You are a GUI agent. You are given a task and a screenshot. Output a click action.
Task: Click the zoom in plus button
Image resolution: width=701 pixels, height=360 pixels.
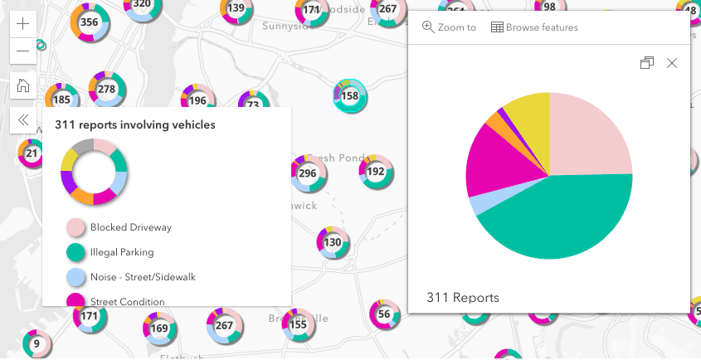[22, 25]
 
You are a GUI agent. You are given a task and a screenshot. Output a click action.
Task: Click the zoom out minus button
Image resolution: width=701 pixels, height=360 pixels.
[22, 51]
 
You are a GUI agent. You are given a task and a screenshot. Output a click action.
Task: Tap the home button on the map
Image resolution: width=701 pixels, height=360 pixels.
[22, 85]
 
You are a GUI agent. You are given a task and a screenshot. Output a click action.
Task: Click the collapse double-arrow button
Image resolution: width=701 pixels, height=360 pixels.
[22, 119]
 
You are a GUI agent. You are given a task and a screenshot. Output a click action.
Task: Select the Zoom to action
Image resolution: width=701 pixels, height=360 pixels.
[449, 27]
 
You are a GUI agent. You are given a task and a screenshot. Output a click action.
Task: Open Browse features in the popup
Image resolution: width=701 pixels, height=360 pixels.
[534, 27]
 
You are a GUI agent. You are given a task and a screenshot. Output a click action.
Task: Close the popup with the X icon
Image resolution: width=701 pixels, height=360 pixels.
[672, 63]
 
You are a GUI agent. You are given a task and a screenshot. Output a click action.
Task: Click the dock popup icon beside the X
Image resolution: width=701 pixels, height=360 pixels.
[647, 63]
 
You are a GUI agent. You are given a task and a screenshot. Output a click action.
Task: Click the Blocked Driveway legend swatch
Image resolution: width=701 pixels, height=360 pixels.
[76, 227]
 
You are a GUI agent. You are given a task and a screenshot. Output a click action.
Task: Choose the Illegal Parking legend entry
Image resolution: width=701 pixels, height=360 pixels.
[122, 252]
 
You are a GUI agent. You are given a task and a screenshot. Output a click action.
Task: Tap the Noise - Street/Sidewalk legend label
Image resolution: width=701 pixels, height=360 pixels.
[143, 276]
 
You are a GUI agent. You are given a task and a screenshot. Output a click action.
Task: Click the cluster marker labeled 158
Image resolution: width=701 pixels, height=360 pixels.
[349, 96]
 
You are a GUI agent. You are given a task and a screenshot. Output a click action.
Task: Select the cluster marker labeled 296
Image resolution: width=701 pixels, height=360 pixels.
[307, 173]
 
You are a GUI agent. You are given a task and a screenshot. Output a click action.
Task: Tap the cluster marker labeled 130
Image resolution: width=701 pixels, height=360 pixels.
[332, 242]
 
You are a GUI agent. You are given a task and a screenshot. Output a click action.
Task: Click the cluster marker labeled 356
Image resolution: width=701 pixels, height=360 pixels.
[89, 22]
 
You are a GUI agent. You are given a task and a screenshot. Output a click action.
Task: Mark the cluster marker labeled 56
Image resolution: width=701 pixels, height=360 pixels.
[383, 314]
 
